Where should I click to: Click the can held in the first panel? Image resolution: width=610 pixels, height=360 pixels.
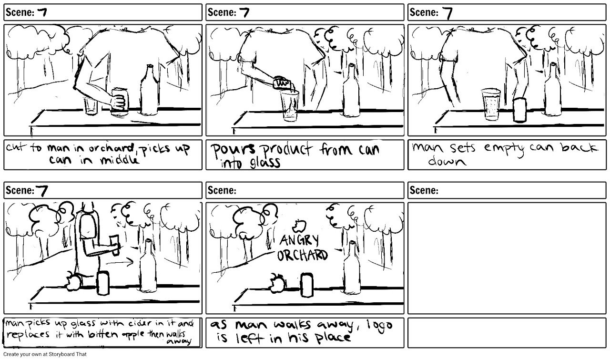119,102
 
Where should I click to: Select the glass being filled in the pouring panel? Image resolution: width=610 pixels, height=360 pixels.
289,106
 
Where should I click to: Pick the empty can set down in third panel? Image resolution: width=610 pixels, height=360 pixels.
521,110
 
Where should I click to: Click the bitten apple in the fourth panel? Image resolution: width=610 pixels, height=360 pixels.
73,282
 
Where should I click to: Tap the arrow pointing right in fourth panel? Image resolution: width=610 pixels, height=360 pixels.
119,261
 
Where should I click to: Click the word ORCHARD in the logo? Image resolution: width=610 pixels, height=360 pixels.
303,255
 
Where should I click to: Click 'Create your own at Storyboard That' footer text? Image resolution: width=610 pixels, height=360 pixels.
43,354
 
